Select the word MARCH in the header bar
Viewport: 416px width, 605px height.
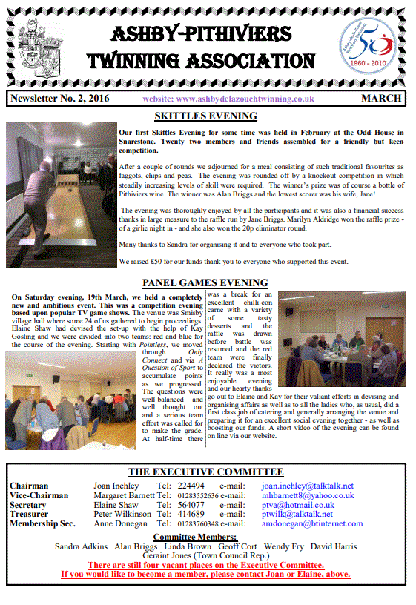[x=382, y=99]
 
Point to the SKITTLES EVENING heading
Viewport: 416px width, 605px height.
[x=205, y=116]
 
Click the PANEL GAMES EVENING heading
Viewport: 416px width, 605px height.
[x=205, y=283]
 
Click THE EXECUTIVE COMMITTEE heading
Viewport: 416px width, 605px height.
[x=205, y=472]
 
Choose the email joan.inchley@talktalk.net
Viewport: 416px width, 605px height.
[x=307, y=486]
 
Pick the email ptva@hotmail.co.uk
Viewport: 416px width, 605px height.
[x=297, y=505]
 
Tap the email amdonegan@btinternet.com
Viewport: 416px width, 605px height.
[x=312, y=523]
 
